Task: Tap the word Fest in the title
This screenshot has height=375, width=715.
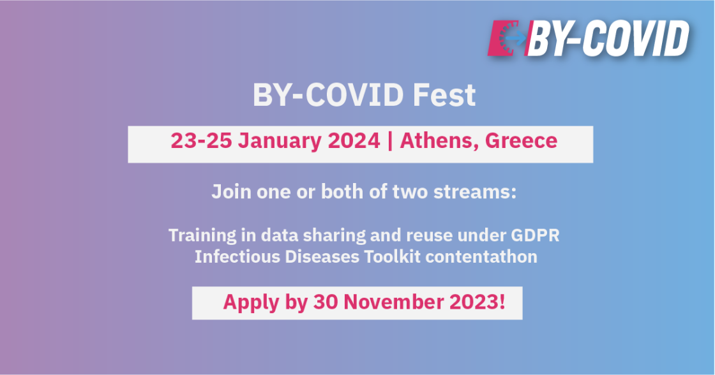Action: coord(444,95)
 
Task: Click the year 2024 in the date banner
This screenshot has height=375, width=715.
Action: coord(354,140)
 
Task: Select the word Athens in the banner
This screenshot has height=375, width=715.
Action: coord(439,140)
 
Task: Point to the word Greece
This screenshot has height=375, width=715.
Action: coord(521,140)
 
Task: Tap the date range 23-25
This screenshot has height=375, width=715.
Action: coord(201,140)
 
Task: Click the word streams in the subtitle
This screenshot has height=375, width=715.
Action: coord(475,192)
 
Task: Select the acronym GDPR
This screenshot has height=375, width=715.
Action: coord(535,235)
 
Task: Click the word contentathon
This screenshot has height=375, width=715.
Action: coord(481,256)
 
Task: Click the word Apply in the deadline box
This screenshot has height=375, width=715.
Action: coord(251,302)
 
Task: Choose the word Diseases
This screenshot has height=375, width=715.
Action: coord(322,256)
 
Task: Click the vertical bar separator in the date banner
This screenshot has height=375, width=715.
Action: coord(390,141)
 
